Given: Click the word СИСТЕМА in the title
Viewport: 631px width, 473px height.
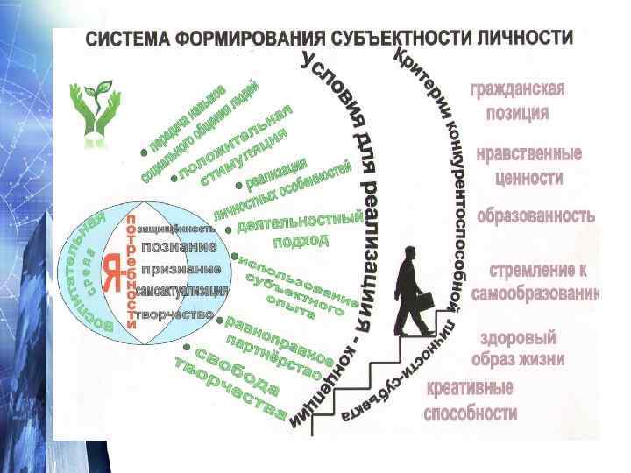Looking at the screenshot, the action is pyautogui.click(x=125, y=41).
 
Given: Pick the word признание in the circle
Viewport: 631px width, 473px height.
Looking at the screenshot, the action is pyautogui.click(x=181, y=268).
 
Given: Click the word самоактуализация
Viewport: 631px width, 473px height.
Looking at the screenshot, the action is pyautogui.click(x=183, y=291).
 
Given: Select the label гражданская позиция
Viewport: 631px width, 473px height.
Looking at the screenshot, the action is pyautogui.click(x=517, y=101).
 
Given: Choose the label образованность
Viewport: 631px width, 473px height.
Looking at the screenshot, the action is pyautogui.click(x=535, y=215).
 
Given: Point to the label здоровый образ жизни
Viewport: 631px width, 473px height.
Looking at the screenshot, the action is pyautogui.click(x=517, y=349).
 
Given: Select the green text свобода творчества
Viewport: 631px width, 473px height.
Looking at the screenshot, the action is pyautogui.click(x=236, y=383).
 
